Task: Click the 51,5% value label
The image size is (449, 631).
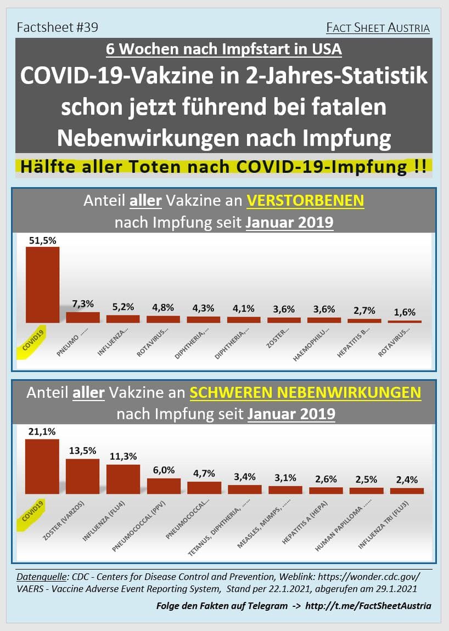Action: (x=42, y=240)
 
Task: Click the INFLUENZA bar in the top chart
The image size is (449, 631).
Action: (x=123, y=318)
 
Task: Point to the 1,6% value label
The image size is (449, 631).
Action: (x=405, y=313)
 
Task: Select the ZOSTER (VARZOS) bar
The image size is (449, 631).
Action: (x=82, y=476)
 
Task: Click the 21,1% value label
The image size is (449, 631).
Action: (x=42, y=432)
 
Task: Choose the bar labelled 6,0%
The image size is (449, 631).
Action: (x=164, y=486)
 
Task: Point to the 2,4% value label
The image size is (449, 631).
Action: (x=407, y=480)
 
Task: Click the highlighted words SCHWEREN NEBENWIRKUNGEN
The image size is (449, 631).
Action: (x=306, y=393)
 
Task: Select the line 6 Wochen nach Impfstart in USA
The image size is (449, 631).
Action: (x=224, y=49)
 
